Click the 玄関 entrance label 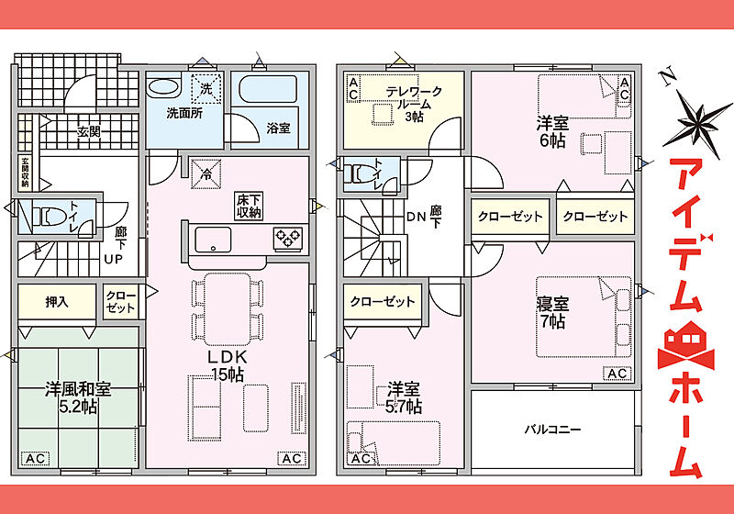[88, 131]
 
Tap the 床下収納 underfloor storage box [249, 206]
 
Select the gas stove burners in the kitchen [287, 239]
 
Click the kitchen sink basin [213, 240]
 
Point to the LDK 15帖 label [228, 365]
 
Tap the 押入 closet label [57, 302]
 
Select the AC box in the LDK [292, 459]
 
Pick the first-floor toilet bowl [48, 218]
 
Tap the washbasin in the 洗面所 [163, 87]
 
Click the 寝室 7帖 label [552, 313]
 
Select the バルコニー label [552, 429]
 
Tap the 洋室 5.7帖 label [404, 398]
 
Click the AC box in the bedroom [617, 374]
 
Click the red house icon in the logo [685, 344]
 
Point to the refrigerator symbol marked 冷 [206, 173]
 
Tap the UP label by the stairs [113, 259]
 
